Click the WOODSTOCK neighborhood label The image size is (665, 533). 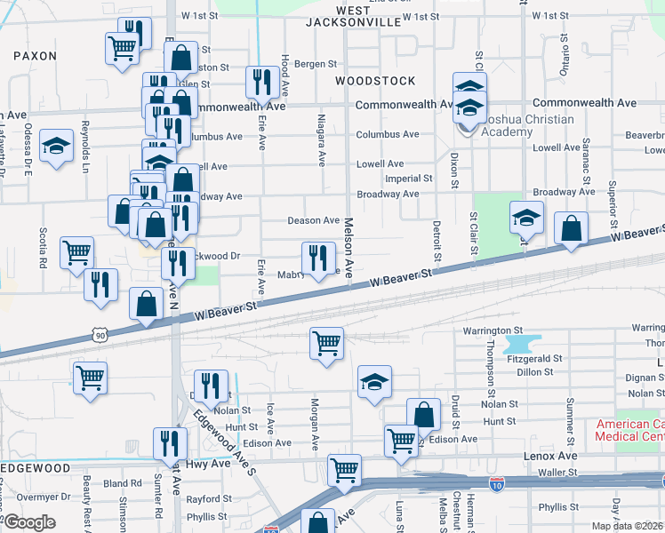[x=375, y=81]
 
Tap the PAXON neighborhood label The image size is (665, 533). [x=36, y=55]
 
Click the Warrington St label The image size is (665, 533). [x=489, y=330]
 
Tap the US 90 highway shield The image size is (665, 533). [x=100, y=335]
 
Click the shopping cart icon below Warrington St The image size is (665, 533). [x=327, y=342]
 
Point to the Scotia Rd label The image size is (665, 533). [x=42, y=249]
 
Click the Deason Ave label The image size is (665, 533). [x=313, y=220]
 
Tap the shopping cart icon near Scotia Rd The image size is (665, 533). [x=77, y=252]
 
